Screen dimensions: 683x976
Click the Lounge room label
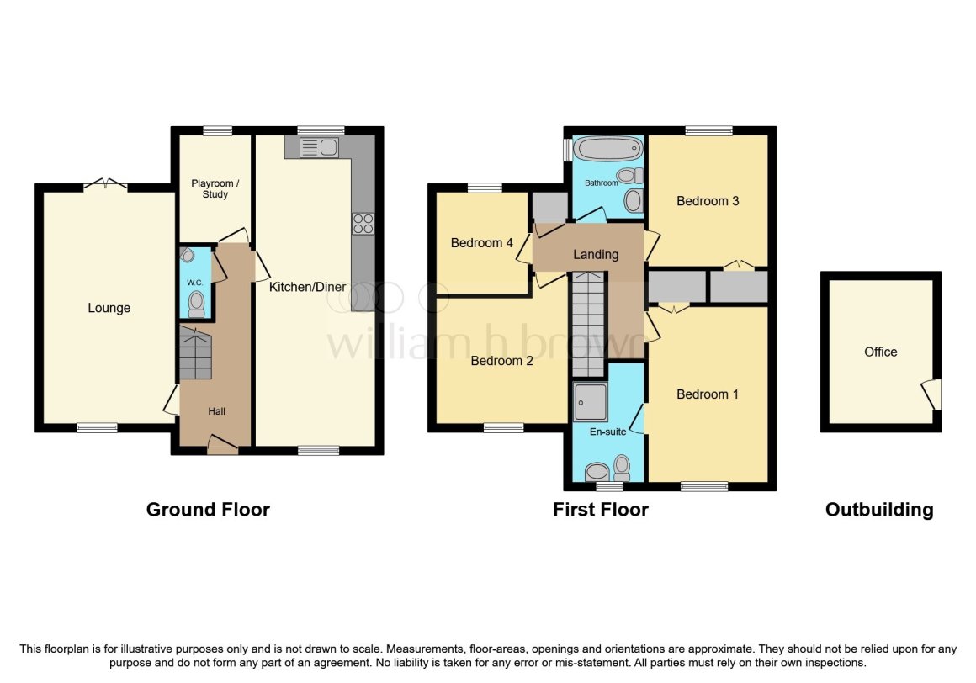click(x=109, y=308)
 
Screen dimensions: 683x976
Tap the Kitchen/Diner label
click(x=307, y=287)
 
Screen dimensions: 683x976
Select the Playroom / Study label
click(x=210, y=188)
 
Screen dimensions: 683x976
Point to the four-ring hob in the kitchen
click(x=363, y=223)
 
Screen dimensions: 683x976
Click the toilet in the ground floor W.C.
click(x=196, y=301)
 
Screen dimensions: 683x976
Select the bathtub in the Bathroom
click(x=607, y=151)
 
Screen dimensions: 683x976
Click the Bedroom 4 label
click(x=482, y=243)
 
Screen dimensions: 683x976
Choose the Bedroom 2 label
click(x=502, y=361)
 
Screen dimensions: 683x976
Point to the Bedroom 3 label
click(x=708, y=201)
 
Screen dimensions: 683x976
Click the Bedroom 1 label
click(x=708, y=394)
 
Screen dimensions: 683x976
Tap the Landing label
click(x=596, y=254)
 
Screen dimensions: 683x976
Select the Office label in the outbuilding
click(x=881, y=352)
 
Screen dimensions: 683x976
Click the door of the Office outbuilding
click(x=931, y=394)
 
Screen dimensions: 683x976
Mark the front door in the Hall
click(x=222, y=445)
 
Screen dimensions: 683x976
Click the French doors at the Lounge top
click(x=105, y=184)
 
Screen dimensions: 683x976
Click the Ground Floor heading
click(x=208, y=509)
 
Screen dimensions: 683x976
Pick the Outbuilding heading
click(x=879, y=509)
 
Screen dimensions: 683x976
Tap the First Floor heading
click(x=601, y=509)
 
